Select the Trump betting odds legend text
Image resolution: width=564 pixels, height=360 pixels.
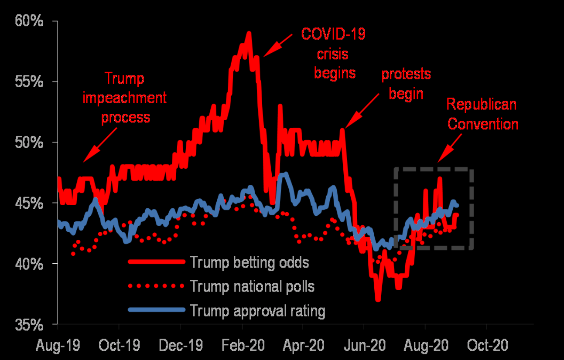click(250, 262)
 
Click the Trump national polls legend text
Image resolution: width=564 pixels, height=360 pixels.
click(252, 286)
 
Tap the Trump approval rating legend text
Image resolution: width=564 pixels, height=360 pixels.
click(257, 311)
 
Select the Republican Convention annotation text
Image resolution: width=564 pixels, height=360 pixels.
click(482, 114)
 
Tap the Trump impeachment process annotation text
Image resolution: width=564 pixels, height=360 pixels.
click(124, 98)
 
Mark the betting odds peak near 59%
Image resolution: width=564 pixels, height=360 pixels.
click(249, 33)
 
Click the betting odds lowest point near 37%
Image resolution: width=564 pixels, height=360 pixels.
click(378, 299)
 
